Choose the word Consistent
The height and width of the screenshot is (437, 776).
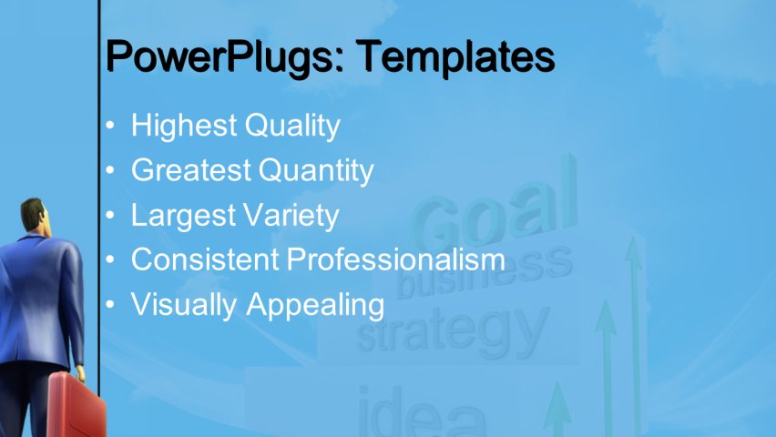tap(205, 259)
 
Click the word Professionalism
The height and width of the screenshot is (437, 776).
tap(396, 259)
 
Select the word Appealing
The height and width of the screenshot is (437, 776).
tap(315, 305)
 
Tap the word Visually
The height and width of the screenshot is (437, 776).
tap(185, 305)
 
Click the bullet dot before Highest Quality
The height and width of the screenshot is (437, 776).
tap(110, 127)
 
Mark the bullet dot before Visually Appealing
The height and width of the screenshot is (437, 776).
tap(110, 305)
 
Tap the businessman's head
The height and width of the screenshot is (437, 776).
tap(35, 217)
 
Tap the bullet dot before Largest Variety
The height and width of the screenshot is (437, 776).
tap(110, 216)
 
